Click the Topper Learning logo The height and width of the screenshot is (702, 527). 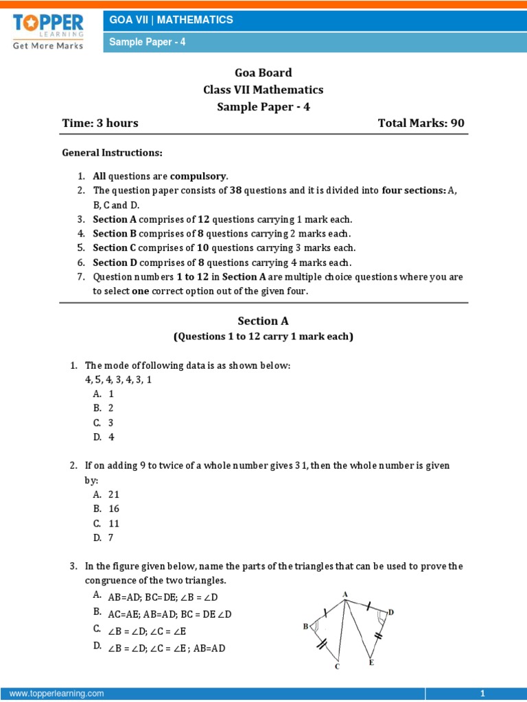[x=48, y=29]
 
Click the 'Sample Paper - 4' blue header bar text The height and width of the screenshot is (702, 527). [x=148, y=42]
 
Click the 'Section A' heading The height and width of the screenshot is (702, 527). [x=263, y=321]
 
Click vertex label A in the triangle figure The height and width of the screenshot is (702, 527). [x=344, y=594]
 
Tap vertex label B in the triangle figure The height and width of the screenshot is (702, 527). [x=305, y=627]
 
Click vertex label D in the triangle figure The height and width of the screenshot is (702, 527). [x=391, y=612]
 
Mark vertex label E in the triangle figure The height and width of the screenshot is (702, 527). [x=371, y=663]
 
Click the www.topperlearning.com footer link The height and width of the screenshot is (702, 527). [x=56, y=694]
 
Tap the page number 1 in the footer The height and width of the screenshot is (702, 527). [x=483, y=694]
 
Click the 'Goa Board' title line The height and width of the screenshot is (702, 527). [x=263, y=73]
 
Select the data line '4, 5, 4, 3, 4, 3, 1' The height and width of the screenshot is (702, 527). [x=118, y=380]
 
